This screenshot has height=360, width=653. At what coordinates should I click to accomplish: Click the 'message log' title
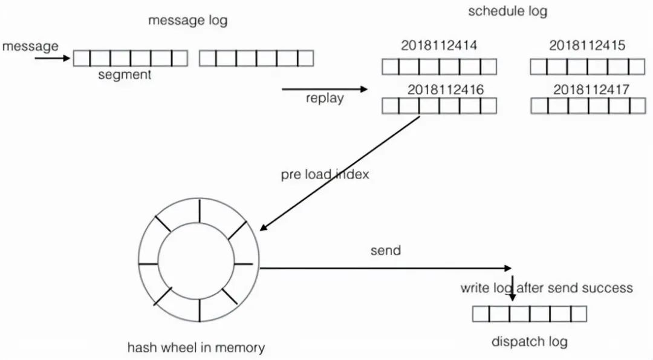pos(188,21)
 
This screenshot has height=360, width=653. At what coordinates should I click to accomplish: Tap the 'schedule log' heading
pos(507,11)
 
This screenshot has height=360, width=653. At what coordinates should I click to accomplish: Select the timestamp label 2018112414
pos(439,45)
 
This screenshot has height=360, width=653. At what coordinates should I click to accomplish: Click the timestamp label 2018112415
pos(587,45)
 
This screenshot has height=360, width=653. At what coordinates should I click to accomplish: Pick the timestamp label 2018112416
pos(446,90)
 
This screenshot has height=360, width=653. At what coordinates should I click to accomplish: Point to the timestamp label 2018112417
pos(591,90)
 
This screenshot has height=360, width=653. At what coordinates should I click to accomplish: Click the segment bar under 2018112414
pos(439,67)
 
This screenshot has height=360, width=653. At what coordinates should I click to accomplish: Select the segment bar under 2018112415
pos(588,67)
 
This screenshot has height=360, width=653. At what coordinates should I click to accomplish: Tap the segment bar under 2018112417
pos(588,106)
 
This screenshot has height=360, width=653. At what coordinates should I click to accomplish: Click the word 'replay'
pos(325,99)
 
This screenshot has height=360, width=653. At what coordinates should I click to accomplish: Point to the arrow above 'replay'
pos(325,89)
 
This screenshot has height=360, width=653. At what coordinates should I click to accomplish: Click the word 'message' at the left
pos(31,46)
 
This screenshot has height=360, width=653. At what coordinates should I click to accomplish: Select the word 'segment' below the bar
pos(125,75)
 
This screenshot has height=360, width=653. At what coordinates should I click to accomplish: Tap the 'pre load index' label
pos(325,174)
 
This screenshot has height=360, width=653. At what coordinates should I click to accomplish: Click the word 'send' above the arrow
pos(386,250)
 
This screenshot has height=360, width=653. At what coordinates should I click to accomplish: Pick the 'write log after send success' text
pos(547,288)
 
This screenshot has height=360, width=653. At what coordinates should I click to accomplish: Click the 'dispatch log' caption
pos(529,342)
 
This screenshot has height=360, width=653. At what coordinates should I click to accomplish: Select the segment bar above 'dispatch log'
pos(529,313)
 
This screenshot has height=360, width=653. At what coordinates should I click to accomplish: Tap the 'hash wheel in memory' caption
pos(196,348)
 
